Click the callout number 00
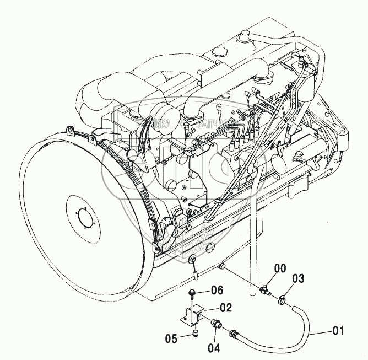point(280,268)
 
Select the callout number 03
point(298,278)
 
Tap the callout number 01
point(338,331)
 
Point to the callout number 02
point(226,308)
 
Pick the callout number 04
point(214,348)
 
